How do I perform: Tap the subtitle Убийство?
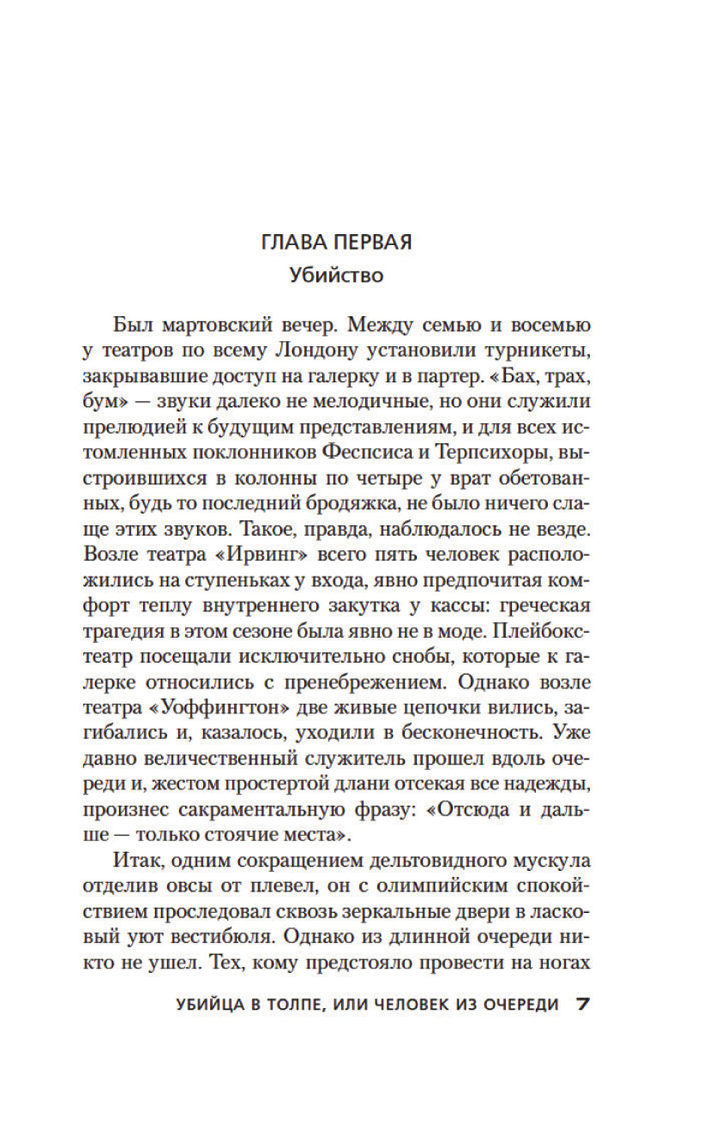pyautogui.click(x=336, y=274)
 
